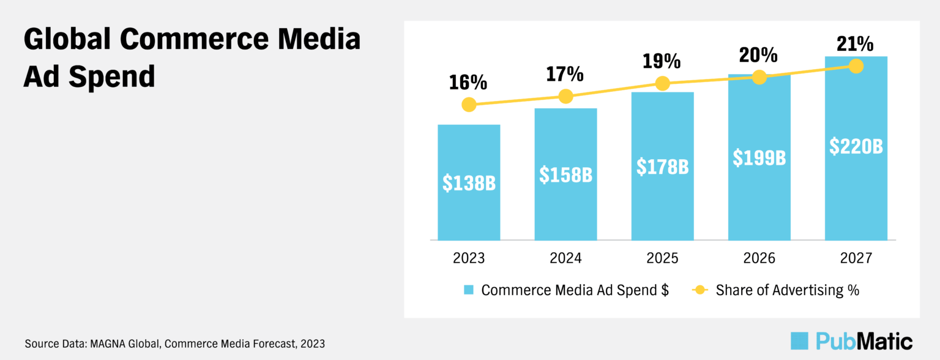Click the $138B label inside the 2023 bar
click(469, 182)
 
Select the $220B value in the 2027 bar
click(856, 146)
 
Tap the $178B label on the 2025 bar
click(662, 166)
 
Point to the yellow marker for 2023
click(469, 105)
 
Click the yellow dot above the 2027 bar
click(856, 66)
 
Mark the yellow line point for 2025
click(662, 83)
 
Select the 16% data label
click(469, 82)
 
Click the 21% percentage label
click(856, 44)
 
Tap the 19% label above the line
click(662, 61)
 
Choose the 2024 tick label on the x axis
click(565, 258)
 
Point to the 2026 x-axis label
click(759, 258)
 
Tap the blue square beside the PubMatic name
click(800, 340)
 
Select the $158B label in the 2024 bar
click(565, 174)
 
